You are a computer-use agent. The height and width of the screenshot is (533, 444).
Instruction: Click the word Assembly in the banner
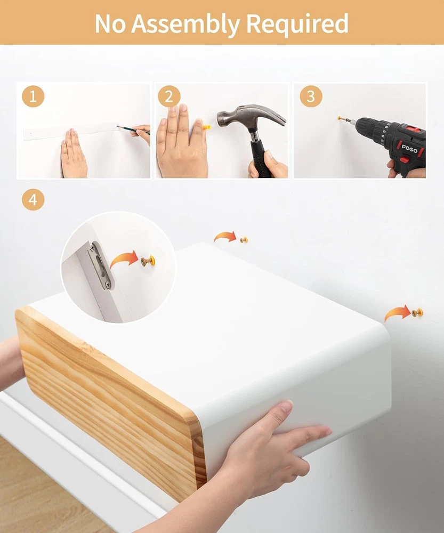click(x=185, y=24)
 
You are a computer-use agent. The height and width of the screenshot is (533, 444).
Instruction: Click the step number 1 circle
click(x=33, y=96)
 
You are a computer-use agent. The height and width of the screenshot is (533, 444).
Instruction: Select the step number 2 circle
click(x=169, y=96)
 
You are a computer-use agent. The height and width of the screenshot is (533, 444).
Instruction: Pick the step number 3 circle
click(x=311, y=96)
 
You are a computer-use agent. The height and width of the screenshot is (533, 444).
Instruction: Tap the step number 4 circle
click(x=33, y=199)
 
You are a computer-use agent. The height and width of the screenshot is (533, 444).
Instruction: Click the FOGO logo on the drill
click(x=409, y=148)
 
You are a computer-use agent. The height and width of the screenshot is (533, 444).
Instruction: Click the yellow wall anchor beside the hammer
click(x=206, y=128)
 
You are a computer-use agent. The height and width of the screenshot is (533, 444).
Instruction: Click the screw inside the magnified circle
click(x=148, y=261)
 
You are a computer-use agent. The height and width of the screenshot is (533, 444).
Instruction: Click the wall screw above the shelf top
click(x=244, y=240)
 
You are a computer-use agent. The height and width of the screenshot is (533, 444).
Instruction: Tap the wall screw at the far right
click(x=417, y=312)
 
